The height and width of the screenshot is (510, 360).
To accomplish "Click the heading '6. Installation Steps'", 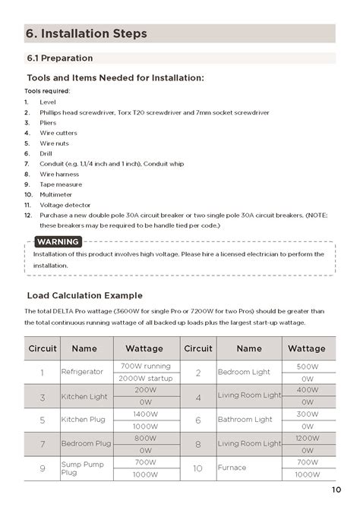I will (x=87, y=33).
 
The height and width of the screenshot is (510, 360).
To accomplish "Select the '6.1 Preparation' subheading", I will (x=60, y=58).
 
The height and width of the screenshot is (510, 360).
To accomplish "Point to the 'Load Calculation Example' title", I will (x=84, y=295).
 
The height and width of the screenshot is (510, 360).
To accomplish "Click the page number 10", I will (x=336, y=490).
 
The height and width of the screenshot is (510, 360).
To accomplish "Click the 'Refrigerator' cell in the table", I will (x=82, y=373).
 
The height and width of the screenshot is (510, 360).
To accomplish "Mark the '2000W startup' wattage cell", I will (x=144, y=378).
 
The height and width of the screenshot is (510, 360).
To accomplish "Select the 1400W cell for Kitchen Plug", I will (x=144, y=414).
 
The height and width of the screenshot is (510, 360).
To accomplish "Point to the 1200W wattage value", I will (x=308, y=438).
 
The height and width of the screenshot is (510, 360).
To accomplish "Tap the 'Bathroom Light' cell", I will (x=245, y=420).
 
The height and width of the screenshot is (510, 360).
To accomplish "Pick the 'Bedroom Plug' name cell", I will (x=86, y=443).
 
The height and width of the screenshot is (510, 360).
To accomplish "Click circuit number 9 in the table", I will (x=43, y=468).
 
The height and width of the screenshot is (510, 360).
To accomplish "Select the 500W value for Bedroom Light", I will (x=308, y=367).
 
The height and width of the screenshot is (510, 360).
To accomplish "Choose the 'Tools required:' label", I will (x=47, y=91).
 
